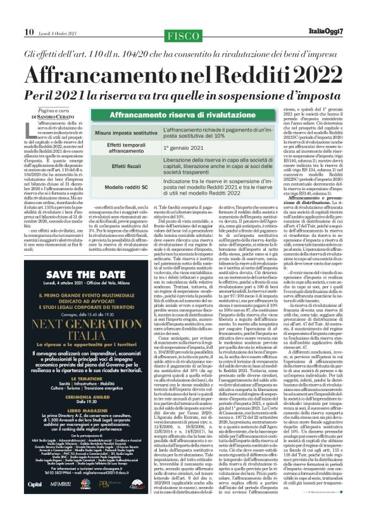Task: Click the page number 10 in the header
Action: tap(29, 14)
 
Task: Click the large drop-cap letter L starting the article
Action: tap(30, 132)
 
